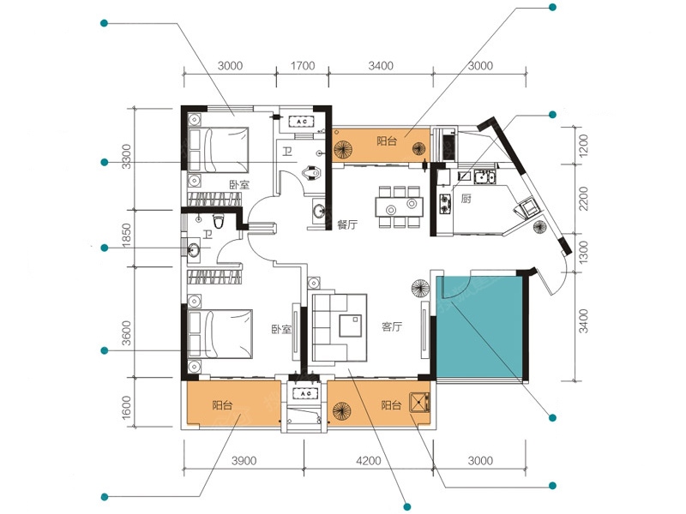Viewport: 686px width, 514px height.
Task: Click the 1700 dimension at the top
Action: point(303,66)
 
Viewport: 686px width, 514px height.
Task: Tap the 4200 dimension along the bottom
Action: point(369,461)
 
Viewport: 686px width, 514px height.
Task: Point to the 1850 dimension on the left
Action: point(126,236)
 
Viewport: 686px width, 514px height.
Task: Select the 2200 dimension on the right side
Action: point(583,199)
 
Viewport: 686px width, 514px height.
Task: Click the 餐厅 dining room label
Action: point(347,224)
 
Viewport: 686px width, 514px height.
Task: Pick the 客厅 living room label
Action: point(392,326)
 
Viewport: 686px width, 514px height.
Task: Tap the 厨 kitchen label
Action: point(466,199)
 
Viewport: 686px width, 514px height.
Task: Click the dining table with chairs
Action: point(400,206)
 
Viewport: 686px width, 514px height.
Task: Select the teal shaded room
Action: point(479,328)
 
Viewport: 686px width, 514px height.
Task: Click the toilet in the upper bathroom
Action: point(311,173)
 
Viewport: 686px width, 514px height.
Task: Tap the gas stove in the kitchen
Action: point(445,204)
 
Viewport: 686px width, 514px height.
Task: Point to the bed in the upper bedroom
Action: point(219,150)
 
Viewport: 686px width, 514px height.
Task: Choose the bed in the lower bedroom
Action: point(220,333)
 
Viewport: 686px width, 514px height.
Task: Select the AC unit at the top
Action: point(302,121)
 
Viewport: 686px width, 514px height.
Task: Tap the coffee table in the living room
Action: point(351,325)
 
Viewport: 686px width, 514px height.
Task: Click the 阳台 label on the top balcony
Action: point(387,141)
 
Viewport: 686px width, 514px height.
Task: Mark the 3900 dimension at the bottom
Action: point(244,461)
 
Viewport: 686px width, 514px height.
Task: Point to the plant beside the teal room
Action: point(420,289)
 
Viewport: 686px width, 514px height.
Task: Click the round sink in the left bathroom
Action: point(193,250)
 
